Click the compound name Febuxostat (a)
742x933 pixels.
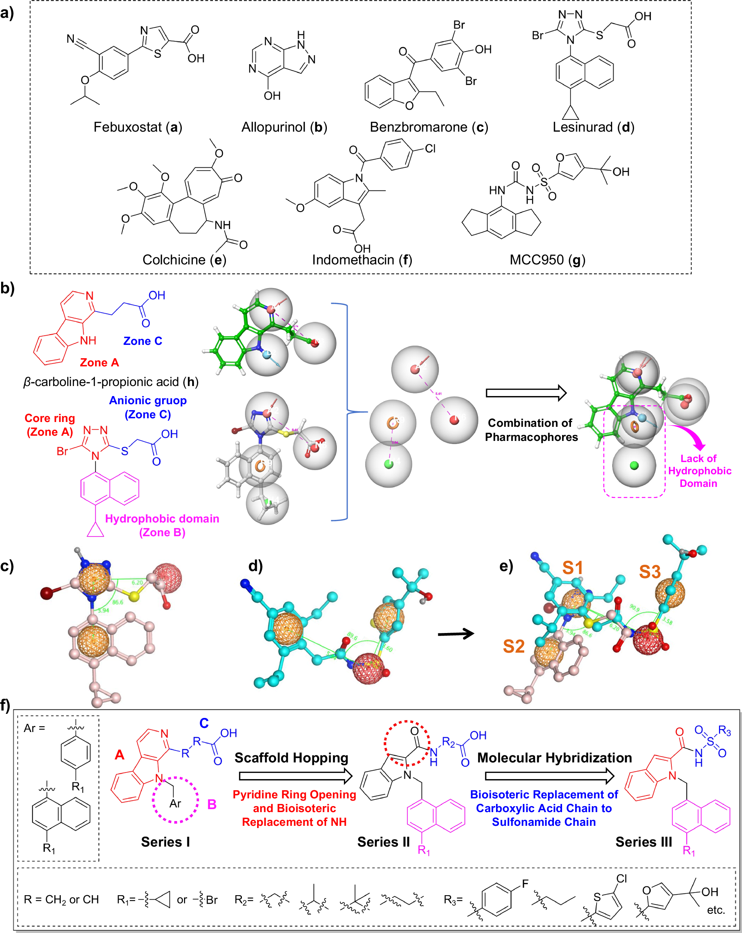138,127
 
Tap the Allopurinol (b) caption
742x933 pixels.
284,127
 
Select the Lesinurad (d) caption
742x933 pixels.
593,127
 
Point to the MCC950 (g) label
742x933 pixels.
547,260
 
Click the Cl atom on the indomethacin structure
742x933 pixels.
430,148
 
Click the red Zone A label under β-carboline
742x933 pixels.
99,363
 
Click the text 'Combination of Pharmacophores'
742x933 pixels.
531,430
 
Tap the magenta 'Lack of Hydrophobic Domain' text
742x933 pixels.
699,471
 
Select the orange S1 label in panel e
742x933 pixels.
572,568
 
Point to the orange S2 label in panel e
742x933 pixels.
514,646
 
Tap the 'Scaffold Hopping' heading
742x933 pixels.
291,758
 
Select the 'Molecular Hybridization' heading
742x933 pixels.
555,758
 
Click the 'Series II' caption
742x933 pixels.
384,842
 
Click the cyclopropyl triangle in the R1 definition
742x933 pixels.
161,899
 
